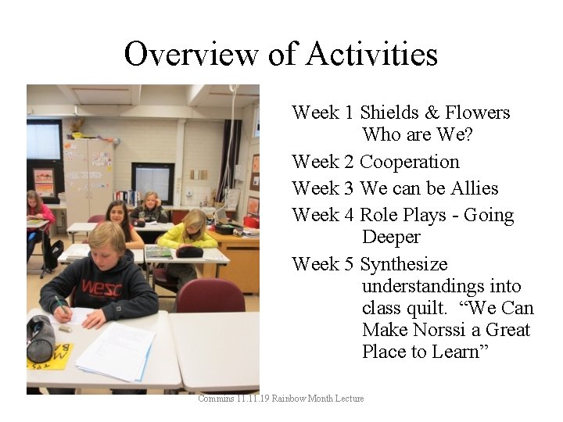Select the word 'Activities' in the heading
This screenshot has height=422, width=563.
tap(372, 55)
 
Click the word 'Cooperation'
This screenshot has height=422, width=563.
tap(409, 163)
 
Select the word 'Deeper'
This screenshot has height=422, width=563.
tap(391, 237)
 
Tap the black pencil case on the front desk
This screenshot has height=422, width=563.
tap(41, 337)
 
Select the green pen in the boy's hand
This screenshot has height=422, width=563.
tap(60, 304)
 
